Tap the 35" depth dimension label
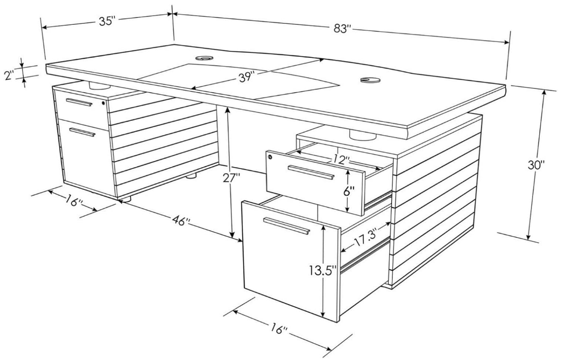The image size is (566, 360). (107, 21)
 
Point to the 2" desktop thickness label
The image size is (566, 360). (9, 76)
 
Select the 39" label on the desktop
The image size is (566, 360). (247, 77)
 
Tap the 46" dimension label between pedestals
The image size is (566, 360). (181, 220)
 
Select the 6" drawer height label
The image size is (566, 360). (349, 191)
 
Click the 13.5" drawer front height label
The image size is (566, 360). (323, 270)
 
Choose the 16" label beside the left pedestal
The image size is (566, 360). (75, 201)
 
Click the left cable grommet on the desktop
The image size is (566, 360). (204, 58)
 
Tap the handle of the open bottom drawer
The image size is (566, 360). (287, 226)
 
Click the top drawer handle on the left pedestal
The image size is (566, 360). (79, 102)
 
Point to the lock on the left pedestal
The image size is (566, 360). (104, 103)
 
